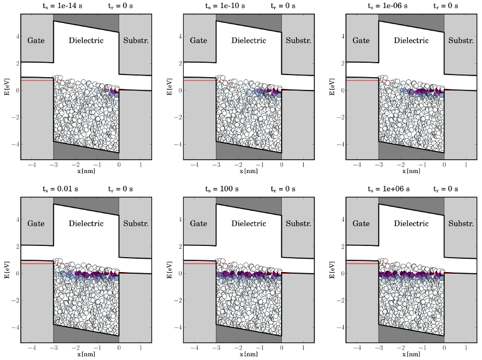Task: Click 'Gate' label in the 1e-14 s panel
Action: [36, 40]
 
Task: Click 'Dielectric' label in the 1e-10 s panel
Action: [248, 40]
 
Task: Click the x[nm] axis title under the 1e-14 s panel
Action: [86, 171]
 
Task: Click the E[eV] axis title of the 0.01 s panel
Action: [6, 270]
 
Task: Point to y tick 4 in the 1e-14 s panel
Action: [17, 37]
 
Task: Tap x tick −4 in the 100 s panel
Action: [193, 348]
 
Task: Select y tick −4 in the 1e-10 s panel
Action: [177, 145]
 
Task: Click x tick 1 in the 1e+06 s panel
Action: [465, 348]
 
